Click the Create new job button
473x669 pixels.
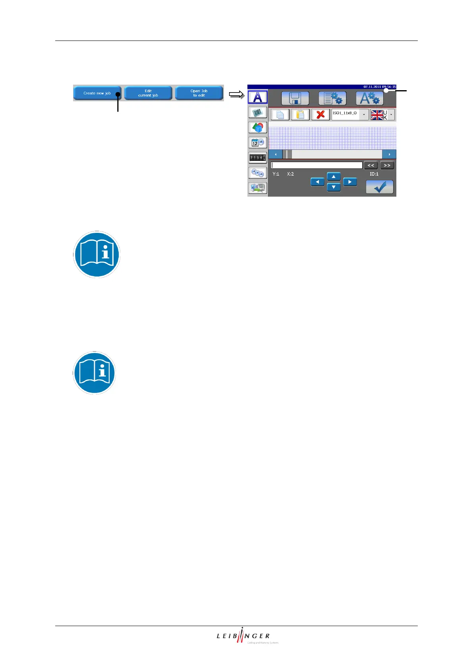pos(97,93)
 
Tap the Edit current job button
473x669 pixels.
pos(148,93)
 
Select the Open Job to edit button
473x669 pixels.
pos(199,93)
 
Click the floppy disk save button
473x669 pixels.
pos(295,98)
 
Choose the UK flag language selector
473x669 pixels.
pos(382,115)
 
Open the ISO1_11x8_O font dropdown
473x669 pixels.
pos(350,115)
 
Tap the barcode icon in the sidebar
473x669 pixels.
pos(257,113)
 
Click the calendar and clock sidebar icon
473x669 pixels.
pos(257,143)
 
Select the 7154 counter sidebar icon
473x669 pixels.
pos(257,158)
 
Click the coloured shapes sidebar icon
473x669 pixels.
pos(257,128)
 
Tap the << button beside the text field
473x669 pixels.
pos(371,165)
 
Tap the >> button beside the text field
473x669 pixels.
pos(387,165)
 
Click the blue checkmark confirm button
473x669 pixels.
pos(380,187)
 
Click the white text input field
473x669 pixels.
pos(317,165)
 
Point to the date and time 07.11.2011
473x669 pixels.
pos(379,87)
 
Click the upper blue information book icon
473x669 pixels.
pos(97,254)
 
